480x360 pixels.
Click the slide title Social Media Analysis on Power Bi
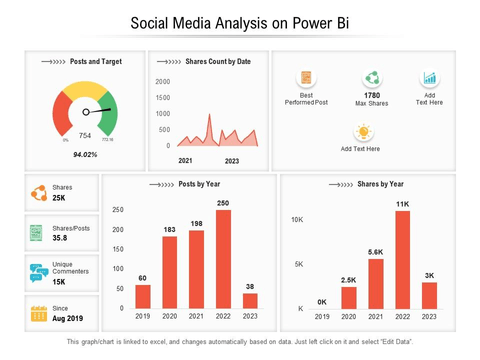point(239,22)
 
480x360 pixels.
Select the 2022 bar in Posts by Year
point(223,259)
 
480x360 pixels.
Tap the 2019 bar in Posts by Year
point(143,296)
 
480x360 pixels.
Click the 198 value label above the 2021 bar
point(196,223)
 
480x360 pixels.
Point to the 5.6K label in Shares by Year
point(375,252)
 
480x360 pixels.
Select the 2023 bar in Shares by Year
point(429,295)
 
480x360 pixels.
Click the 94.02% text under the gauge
point(86,155)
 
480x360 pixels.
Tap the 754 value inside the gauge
point(85,136)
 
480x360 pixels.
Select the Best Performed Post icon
point(306,77)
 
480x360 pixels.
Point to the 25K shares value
point(60,198)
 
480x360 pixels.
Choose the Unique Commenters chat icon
point(38,272)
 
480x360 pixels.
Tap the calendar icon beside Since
point(38,312)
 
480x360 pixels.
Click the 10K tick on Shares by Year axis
point(296,219)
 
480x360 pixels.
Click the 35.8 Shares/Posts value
point(61,238)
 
